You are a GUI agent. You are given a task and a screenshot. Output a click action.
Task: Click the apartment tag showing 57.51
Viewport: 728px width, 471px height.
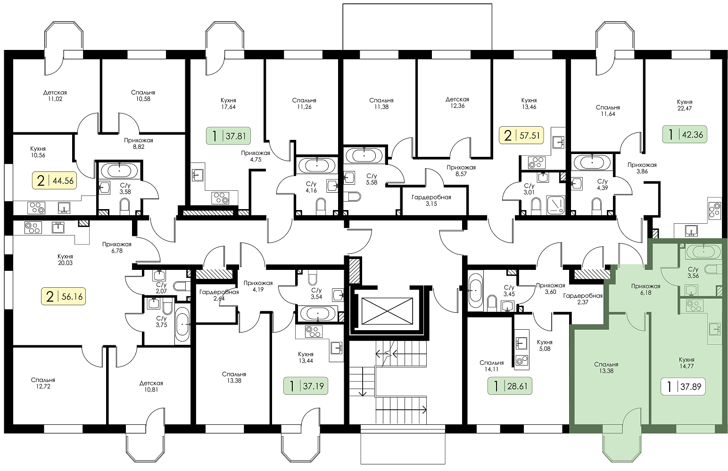(521, 135)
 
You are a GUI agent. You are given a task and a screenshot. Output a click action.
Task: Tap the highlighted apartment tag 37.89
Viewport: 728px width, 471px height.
(683, 386)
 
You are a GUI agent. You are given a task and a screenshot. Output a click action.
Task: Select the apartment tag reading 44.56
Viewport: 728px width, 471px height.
(54, 180)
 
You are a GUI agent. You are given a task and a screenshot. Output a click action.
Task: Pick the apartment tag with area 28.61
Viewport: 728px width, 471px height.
(510, 386)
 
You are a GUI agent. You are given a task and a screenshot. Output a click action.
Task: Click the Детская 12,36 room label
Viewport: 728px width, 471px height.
(457, 103)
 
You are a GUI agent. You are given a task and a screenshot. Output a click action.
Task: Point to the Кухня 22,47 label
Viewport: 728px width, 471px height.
(685, 105)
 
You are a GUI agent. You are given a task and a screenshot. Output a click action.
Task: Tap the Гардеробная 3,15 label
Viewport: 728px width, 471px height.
(431, 201)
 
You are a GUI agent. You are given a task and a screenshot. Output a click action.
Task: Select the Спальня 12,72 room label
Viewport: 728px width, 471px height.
(43, 383)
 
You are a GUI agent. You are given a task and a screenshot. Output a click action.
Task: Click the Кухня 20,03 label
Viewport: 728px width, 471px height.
(65, 260)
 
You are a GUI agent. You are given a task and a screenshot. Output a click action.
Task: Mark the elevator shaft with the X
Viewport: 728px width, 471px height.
(387, 311)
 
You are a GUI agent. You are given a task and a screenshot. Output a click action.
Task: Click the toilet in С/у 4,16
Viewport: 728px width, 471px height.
(321, 207)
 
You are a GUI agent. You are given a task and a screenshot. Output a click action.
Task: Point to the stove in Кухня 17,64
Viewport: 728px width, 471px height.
(220, 198)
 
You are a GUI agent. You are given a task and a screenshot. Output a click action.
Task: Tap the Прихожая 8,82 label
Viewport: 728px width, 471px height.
(139, 144)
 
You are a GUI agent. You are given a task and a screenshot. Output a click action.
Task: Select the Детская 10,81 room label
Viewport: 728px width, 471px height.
(151, 386)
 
